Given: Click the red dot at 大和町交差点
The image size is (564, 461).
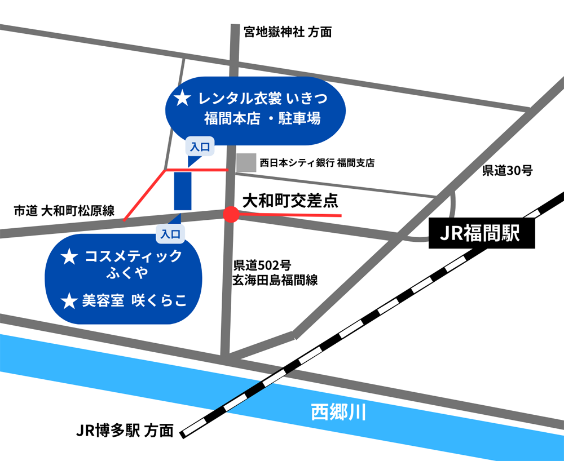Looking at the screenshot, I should tap(231, 214).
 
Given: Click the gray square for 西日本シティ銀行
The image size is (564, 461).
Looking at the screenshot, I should tap(246, 163).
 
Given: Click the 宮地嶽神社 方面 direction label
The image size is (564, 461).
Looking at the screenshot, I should tap(288, 32).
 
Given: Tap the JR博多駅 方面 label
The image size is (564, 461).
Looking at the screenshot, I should tap(125, 431).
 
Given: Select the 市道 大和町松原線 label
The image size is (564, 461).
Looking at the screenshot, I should tap(64, 211).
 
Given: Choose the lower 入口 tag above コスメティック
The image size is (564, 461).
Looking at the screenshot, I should tap(170, 232).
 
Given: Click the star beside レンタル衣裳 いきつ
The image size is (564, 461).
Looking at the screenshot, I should tap(182, 99).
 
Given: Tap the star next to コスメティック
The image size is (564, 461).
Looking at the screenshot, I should tap(69, 258).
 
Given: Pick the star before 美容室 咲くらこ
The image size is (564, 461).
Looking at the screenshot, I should tap(69, 302).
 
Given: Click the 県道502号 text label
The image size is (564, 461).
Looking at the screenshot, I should tap(262, 265).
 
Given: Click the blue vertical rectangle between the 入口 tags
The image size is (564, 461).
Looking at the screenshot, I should tap(183, 190).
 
